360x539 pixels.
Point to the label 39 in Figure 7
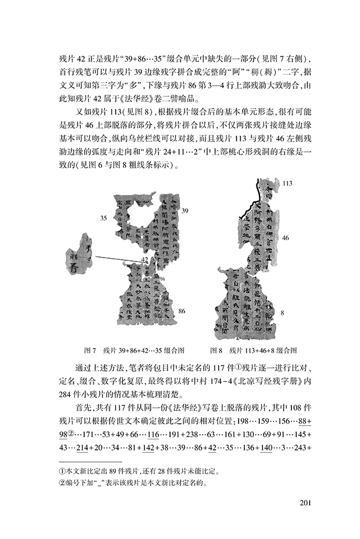185,211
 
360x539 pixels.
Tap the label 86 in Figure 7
182,312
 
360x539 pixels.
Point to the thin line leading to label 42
116,258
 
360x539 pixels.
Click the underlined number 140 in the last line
265,448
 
